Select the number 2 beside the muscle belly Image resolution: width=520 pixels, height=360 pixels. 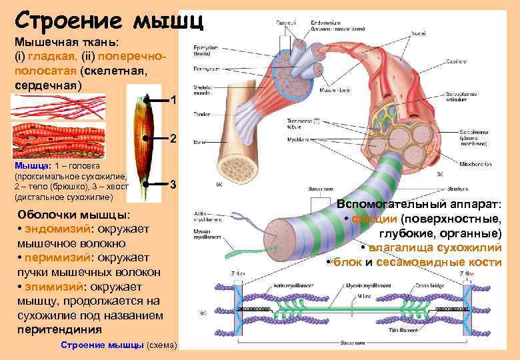[173, 139]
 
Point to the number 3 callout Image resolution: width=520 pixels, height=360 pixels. [173, 184]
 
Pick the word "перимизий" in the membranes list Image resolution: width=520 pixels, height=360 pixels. [53, 258]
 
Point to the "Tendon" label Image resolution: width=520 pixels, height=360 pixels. [201, 114]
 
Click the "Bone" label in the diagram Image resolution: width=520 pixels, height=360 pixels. [199, 142]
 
